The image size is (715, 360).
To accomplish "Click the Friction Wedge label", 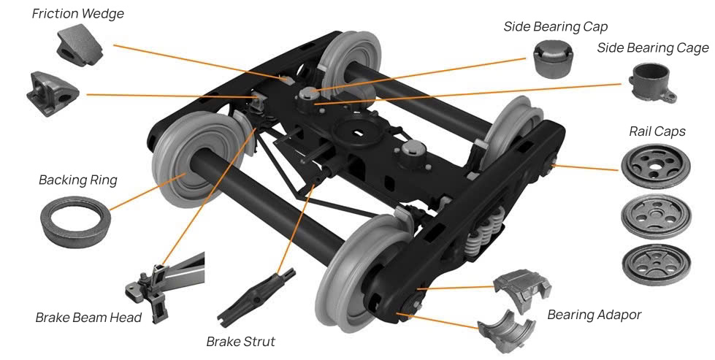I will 78,14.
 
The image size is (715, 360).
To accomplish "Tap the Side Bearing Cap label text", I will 555,26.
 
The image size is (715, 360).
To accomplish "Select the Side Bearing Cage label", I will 652,48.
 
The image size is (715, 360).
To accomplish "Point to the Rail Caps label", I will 657,131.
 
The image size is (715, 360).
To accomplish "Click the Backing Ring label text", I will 77,180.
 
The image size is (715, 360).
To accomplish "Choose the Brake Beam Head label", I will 84,318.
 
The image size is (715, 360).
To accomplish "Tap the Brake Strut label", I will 240,341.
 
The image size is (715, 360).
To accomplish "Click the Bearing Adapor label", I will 594,315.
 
